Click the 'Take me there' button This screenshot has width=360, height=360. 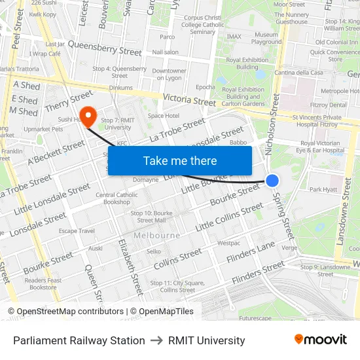tap(179, 161)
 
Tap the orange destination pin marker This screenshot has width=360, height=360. tap(88, 115)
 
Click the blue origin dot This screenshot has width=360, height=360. tap(272, 181)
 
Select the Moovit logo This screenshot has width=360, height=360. tap(321, 340)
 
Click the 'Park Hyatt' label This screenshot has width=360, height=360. tap(323, 190)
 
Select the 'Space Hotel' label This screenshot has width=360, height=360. tap(163, 116)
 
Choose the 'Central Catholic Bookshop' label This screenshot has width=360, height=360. tap(117, 198)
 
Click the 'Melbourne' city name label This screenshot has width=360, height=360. tap(157, 235)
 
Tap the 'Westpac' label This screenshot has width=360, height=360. tap(228, 243)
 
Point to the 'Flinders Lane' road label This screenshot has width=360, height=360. tap(251, 253)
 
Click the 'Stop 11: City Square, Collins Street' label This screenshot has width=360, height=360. tap(177, 286)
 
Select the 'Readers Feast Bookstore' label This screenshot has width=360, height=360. tap(43, 283)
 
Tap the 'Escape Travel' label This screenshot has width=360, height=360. tap(77, 230)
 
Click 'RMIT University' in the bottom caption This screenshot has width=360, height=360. tap(206, 340)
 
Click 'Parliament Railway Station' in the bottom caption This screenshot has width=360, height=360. tap(79, 340)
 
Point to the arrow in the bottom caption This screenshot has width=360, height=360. tap(156, 340)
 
